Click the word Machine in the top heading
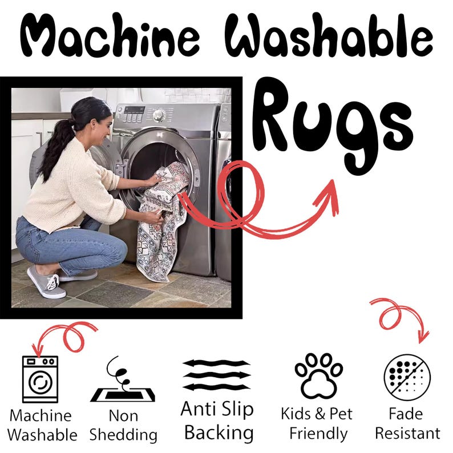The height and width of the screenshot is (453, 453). [110, 35]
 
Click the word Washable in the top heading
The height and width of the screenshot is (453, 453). [329, 35]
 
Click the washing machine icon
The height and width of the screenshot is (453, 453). [40, 379]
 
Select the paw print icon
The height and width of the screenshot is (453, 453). [319, 375]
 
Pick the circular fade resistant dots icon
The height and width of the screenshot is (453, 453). [407, 377]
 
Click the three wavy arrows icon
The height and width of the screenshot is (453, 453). [217, 375]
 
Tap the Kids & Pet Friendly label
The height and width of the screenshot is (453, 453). [317, 423]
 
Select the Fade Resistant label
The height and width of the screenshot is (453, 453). [407, 423]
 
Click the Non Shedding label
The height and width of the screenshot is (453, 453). [123, 425]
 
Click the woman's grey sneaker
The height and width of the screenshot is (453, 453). [46, 282]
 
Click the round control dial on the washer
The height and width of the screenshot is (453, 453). [159, 115]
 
